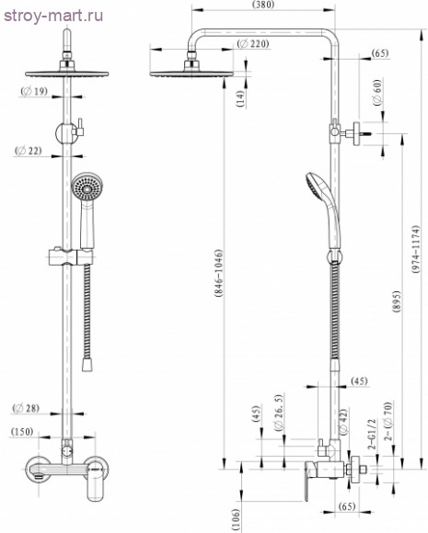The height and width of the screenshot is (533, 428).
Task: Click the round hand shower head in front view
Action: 86,190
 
